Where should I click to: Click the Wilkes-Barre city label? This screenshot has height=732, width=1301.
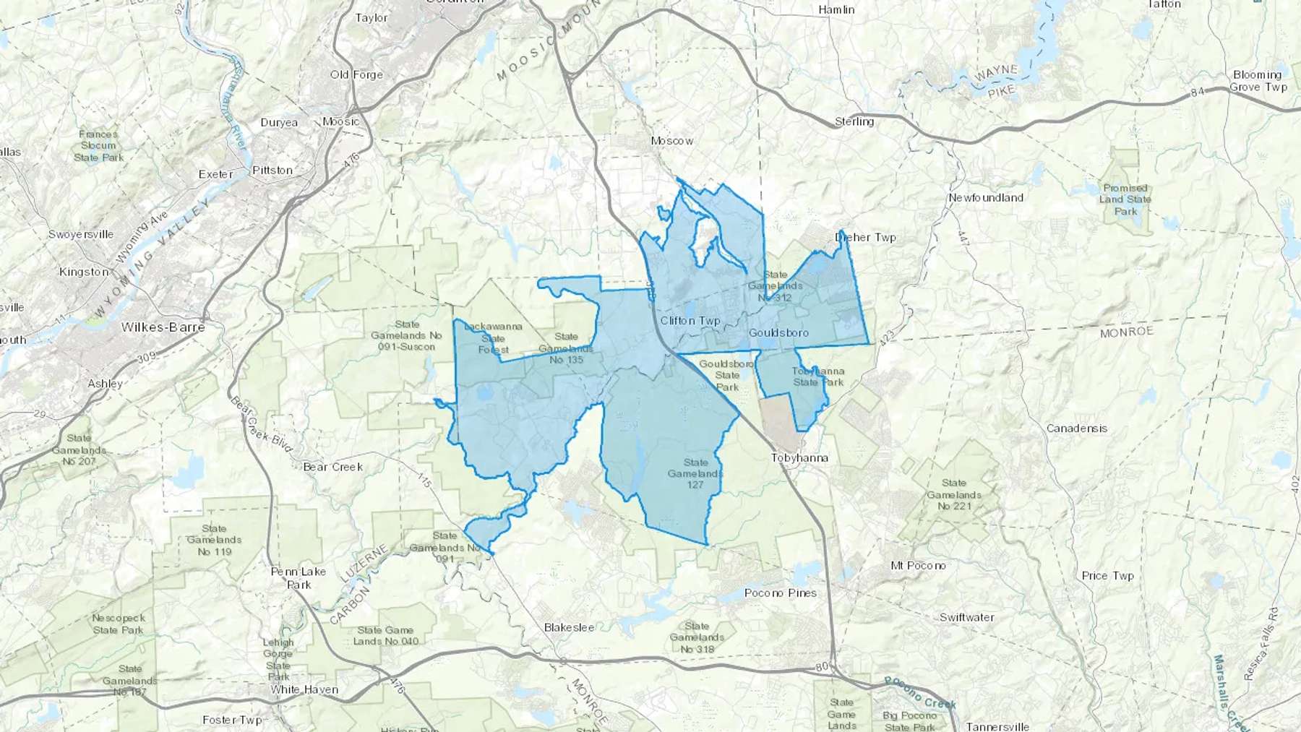pyautogui.click(x=163, y=327)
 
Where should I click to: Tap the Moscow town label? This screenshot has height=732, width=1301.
pyautogui.click(x=671, y=141)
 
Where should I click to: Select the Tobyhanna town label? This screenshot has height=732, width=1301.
pyautogui.click(x=799, y=458)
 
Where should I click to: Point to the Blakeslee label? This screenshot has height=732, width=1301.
pyautogui.click(x=569, y=628)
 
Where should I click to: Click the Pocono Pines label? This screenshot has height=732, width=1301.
pyautogui.click(x=781, y=593)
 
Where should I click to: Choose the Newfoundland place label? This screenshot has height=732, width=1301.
pyautogui.click(x=986, y=198)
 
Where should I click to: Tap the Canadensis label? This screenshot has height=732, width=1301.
pyautogui.click(x=1077, y=429)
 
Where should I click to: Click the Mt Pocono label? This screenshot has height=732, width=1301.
pyautogui.click(x=918, y=566)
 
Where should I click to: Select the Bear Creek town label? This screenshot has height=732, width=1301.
pyautogui.click(x=332, y=468)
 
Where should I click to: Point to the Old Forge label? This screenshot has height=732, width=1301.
pyautogui.click(x=356, y=75)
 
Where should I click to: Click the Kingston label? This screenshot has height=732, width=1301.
pyautogui.click(x=84, y=272)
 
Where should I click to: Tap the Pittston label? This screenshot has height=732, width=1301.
pyautogui.click(x=272, y=171)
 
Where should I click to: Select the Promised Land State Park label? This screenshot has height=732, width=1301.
pyautogui.click(x=1125, y=199)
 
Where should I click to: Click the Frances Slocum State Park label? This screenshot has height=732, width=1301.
pyautogui.click(x=98, y=146)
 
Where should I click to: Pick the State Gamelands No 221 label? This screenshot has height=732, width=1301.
pyautogui.click(x=954, y=494)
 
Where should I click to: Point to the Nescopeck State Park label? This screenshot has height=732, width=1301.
pyautogui.click(x=119, y=624)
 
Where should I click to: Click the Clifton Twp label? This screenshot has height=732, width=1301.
pyautogui.click(x=690, y=321)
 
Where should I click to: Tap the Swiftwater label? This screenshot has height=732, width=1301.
pyautogui.click(x=967, y=618)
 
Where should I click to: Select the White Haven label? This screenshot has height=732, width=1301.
pyautogui.click(x=304, y=690)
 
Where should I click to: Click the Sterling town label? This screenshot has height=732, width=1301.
pyautogui.click(x=854, y=122)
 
